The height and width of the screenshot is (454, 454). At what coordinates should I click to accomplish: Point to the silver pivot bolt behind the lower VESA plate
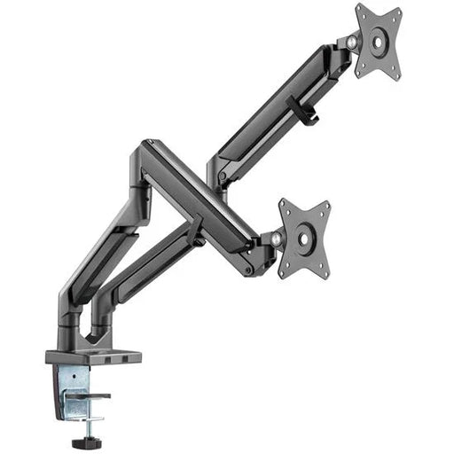click(x=278, y=238)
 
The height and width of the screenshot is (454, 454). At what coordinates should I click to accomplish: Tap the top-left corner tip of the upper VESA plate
click(x=359, y=7)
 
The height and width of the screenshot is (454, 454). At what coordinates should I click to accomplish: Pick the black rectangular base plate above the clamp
click(x=93, y=357)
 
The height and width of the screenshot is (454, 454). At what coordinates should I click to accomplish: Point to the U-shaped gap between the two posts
click(x=88, y=334)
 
